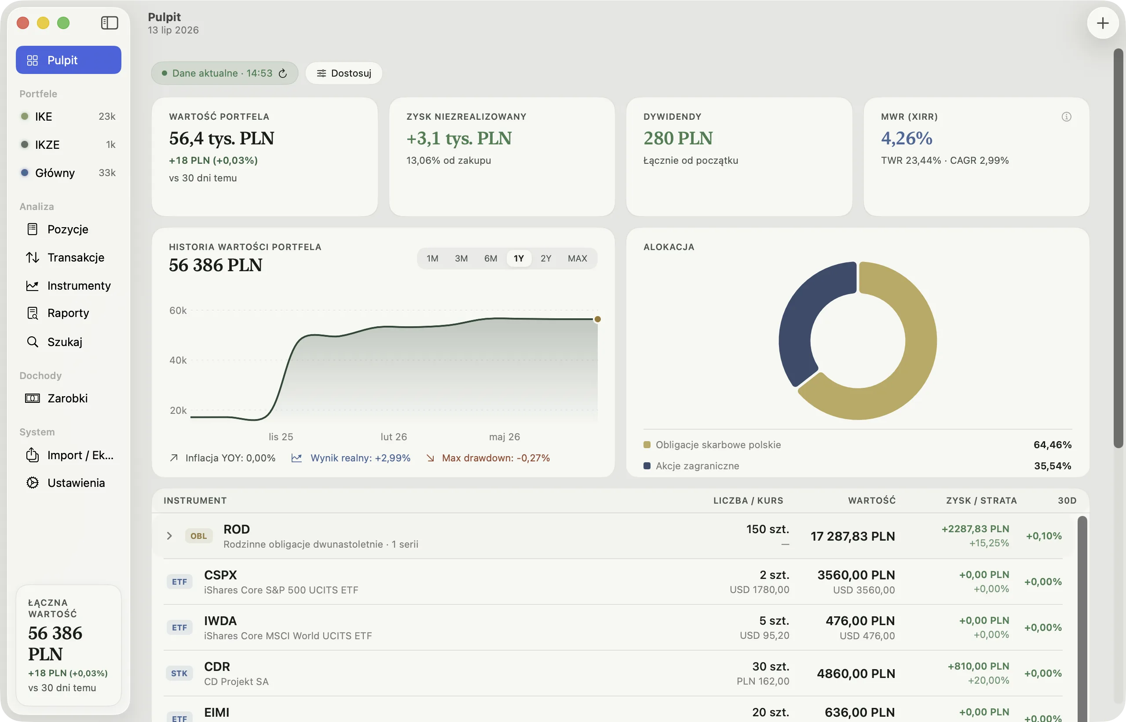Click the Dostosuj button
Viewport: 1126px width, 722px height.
click(x=344, y=73)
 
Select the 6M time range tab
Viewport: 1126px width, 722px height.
click(x=490, y=258)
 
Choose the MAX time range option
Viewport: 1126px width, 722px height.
click(x=577, y=258)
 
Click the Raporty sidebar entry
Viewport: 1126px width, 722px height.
click(x=68, y=313)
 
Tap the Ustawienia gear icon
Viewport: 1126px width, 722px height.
click(x=32, y=483)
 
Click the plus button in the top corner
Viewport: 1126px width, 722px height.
click(x=1103, y=23)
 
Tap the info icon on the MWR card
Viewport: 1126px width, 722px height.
click(x=1067, y=117)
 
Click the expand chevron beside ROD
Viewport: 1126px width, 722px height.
click(x=169, y=536)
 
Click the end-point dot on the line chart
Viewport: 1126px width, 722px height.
click(x=598, y=319)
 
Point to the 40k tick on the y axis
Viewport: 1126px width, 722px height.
click(x=178, y=360)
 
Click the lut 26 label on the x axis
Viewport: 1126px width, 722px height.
click(x=394, y=437)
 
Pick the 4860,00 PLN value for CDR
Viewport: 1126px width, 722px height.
click(x=856, y=674)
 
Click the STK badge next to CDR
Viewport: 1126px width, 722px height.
click(x=179, y=674)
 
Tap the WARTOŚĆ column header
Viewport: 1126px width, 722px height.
click(x=872, y=501)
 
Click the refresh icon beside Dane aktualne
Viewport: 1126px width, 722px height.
click(x=282, y=73)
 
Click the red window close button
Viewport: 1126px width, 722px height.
click(x=23, y=23)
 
